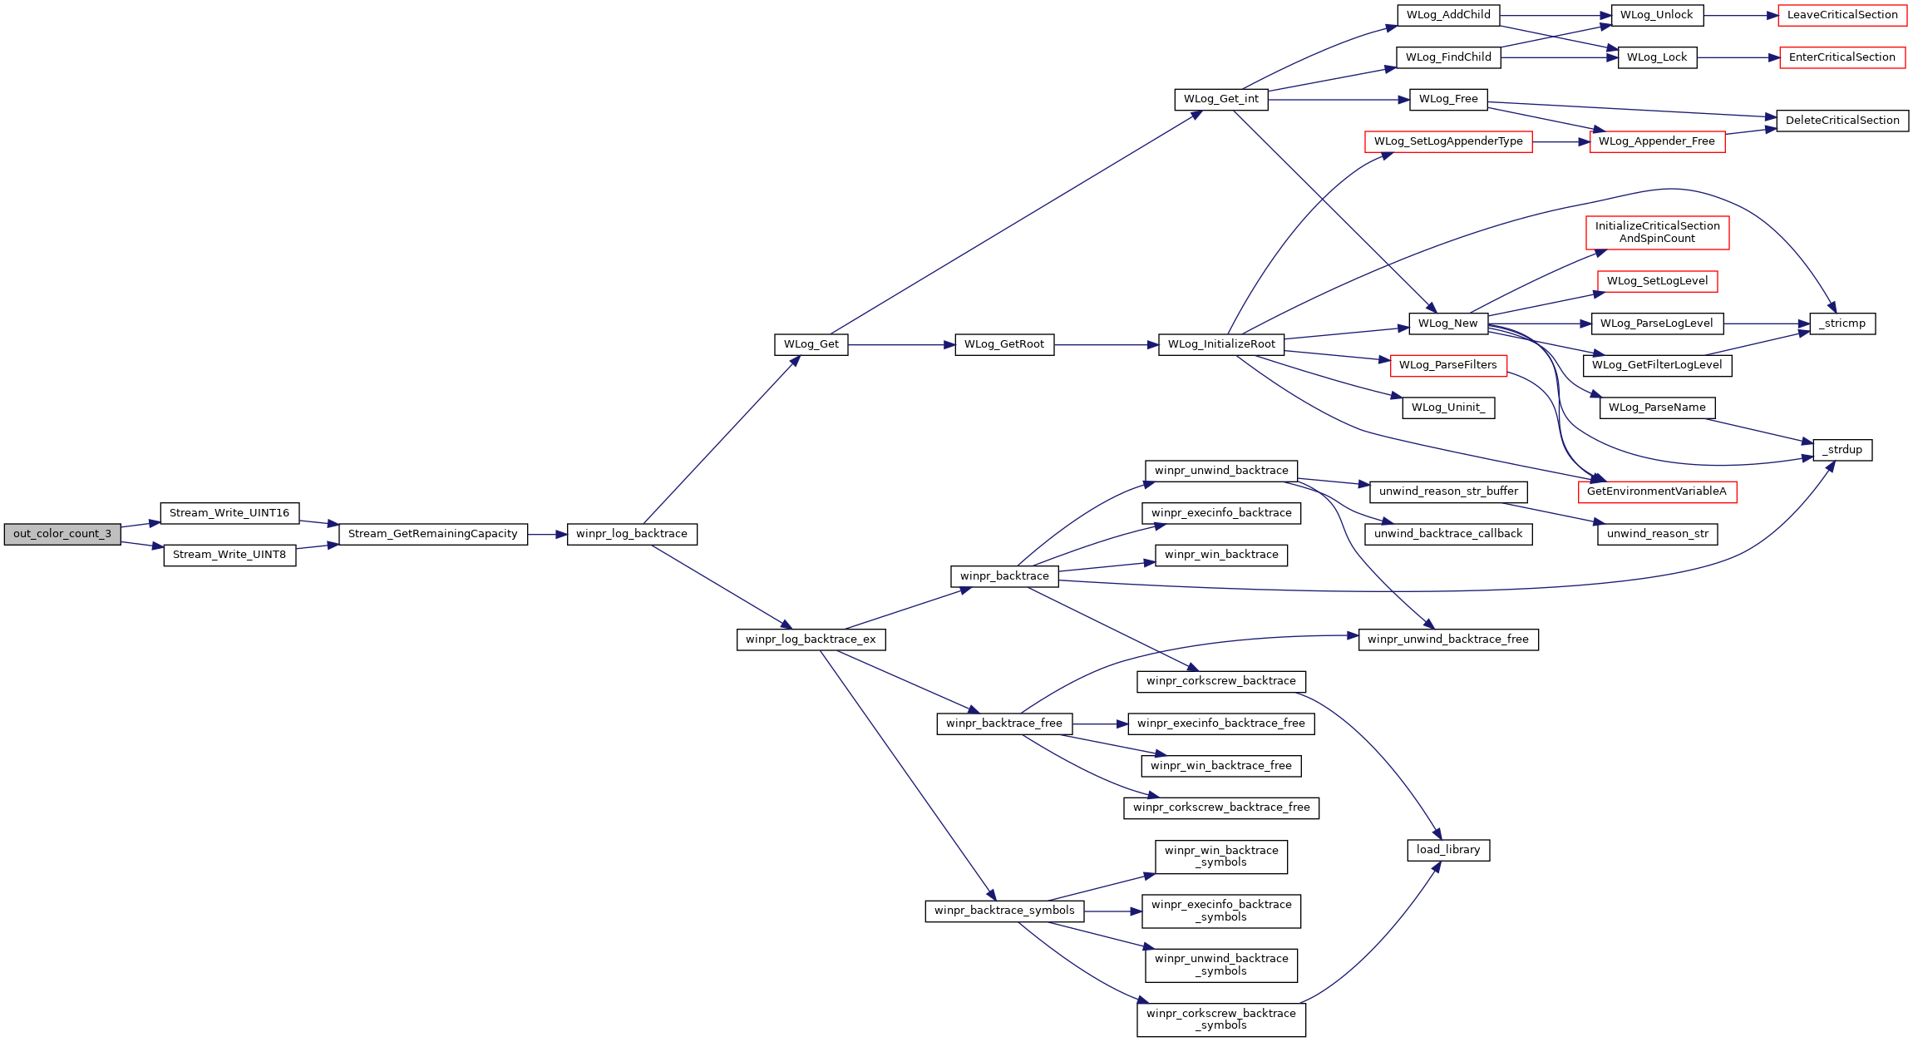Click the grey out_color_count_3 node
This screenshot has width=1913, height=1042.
coord(62,534)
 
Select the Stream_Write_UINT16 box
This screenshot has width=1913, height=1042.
coord(229,513)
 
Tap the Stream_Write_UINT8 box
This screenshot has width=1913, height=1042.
coord(229,555)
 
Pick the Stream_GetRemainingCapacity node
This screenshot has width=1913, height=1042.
coord(432,534)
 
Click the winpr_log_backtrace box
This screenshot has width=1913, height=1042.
coord(632,534)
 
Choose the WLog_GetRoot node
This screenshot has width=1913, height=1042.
coord(1004,344)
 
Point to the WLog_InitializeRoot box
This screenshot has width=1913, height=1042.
coord(1221,344)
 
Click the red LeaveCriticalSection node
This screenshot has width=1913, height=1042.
coord(1842,15)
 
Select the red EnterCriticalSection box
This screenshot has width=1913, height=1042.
coord(1842,57)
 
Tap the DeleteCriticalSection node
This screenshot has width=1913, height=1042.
coord(1842,121)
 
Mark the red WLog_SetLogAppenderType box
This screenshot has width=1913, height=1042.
coord(1448,141)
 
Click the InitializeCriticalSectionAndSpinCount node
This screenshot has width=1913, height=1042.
coord(1657,232)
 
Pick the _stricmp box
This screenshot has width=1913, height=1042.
coord(1842,323)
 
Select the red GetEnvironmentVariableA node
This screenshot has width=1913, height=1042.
coord(1657,491)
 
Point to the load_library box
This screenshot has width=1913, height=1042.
coord(1448,850)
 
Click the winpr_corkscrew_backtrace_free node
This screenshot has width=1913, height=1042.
coord(1221,807)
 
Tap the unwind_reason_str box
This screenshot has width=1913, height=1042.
coord(1657,534)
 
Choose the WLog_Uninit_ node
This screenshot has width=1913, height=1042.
coord(1448,407)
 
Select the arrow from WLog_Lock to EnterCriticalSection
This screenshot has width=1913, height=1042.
coord(1738,57)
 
